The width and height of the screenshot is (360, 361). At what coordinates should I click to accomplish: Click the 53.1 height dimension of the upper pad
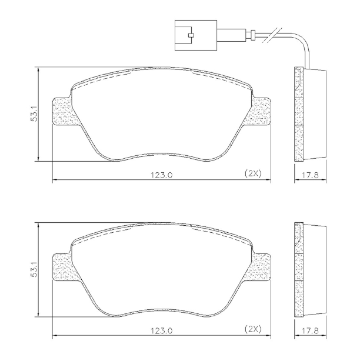(34, 113)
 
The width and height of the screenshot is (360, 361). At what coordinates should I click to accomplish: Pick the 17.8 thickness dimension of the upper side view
(310, 174)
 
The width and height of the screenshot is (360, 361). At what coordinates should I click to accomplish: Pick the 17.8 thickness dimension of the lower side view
(310, 331)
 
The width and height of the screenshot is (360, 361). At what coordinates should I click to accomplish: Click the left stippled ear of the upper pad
(62, 112)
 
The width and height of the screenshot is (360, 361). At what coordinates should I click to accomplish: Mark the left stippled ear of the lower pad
(62, 269)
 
